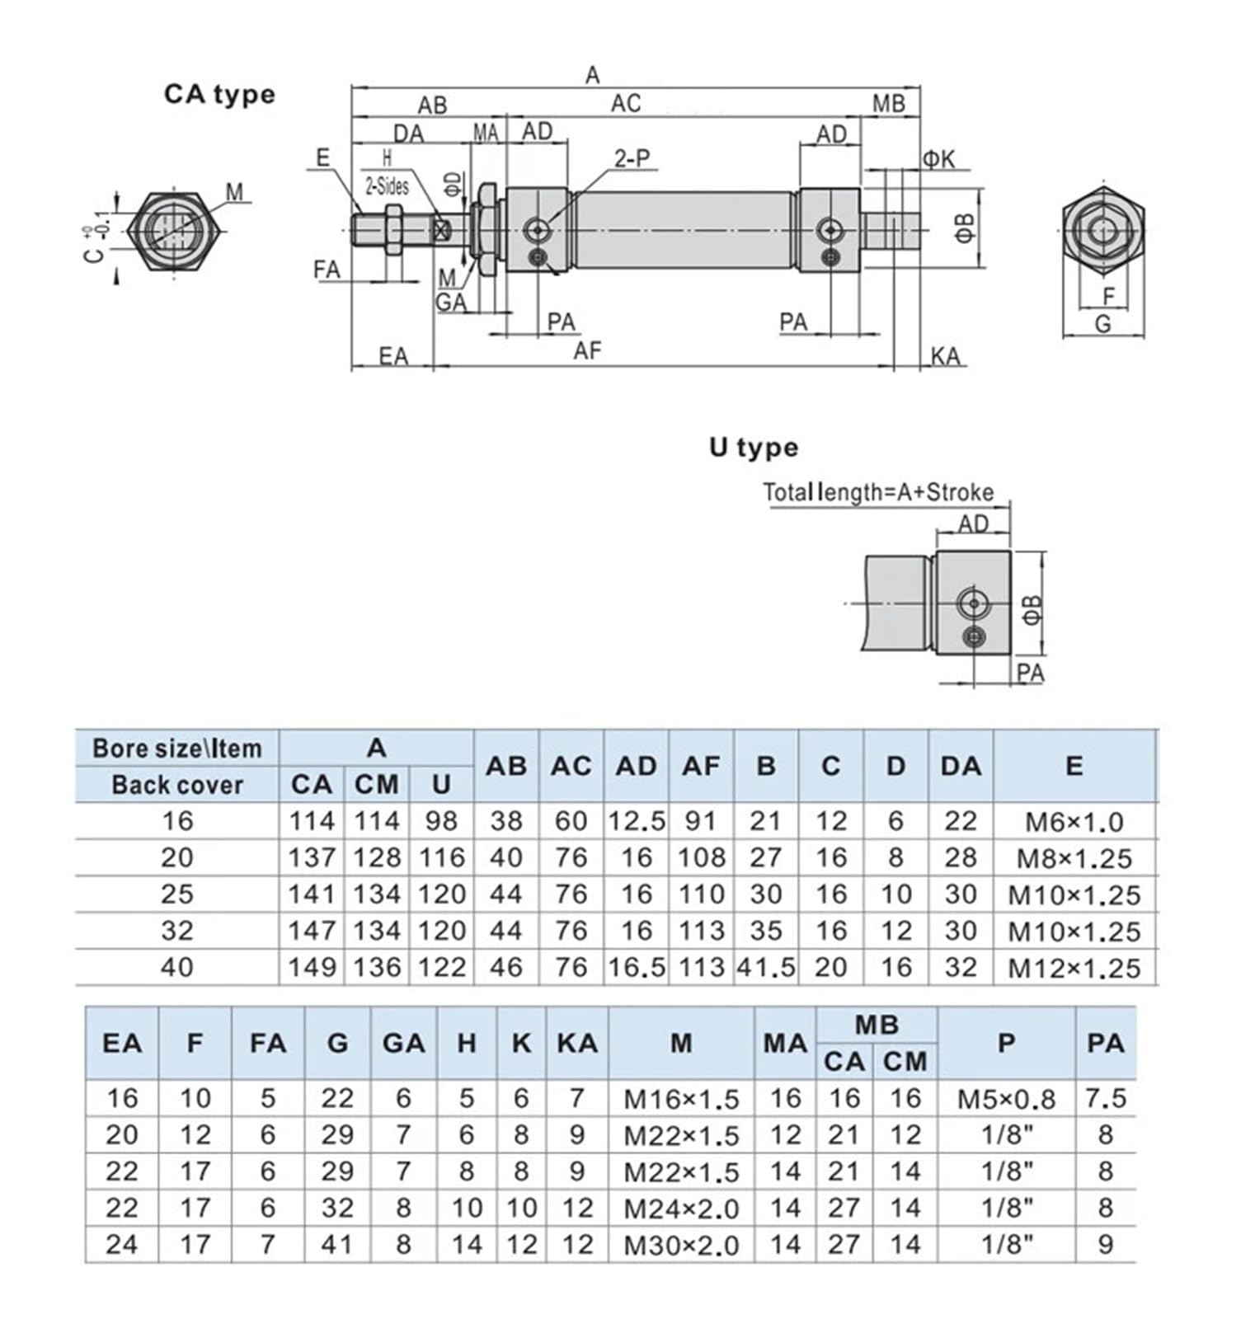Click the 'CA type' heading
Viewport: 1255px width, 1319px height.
[x=219, y=94]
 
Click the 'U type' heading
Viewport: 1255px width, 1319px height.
[x=754, y=448]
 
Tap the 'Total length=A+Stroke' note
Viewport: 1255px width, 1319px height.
[x=878, y=492]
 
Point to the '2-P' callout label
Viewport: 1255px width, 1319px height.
[x=632, y=157]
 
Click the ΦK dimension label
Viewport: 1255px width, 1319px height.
[x=938, y=158]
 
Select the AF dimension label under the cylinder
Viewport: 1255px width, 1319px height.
[x=587, y=351]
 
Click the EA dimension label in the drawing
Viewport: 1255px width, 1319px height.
[x=393, y=356]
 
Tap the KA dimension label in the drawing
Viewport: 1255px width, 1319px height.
[x=946, y=356]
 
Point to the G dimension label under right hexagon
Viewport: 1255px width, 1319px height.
[x=1102, y=324]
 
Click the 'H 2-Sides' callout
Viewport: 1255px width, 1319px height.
[x=387, y=173]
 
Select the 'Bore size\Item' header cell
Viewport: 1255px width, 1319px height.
[x=177, y=748]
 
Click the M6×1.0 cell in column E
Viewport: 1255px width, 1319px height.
[x=1074, y=822]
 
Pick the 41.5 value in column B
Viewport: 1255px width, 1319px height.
[x=766, y=967]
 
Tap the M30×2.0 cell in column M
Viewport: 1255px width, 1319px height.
[x=681, y=1245]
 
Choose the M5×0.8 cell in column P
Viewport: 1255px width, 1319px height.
[x=1006, y=1099]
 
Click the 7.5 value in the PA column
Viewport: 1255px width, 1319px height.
[x=1106, y=1098]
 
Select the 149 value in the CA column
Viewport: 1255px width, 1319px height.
[x=311, y=967]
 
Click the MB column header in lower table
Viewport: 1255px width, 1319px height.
[x=876, y=1025]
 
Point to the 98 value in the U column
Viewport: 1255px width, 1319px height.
[x=442, y=821]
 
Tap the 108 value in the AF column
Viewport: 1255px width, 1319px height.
[x=701, y=857]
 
